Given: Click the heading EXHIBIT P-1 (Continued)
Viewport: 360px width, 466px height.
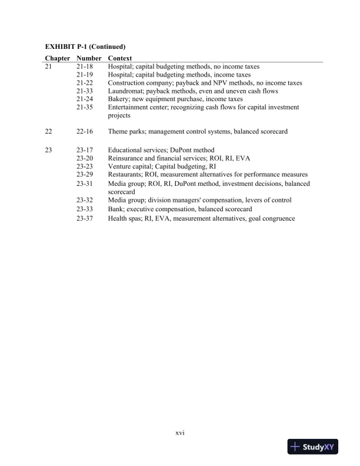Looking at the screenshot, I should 86,46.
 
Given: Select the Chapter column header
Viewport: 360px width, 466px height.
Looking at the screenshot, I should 58,58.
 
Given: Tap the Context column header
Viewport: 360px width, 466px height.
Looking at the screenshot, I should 120,58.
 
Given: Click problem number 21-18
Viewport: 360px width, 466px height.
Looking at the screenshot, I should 85,67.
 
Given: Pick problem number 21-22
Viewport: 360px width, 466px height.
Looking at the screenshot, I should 85,84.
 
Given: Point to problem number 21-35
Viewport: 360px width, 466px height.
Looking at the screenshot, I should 85,108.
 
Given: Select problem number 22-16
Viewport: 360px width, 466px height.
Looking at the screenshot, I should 85,132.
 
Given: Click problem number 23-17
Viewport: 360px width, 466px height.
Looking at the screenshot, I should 85,151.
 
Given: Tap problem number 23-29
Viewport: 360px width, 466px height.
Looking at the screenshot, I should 85,175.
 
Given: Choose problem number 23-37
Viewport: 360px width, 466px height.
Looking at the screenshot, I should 85,219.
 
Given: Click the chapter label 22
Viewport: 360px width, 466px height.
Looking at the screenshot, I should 49,132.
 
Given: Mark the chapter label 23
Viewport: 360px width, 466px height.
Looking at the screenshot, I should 49,151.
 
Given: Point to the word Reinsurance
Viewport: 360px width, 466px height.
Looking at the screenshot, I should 126,159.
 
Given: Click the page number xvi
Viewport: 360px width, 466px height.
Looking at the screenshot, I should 180,433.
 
